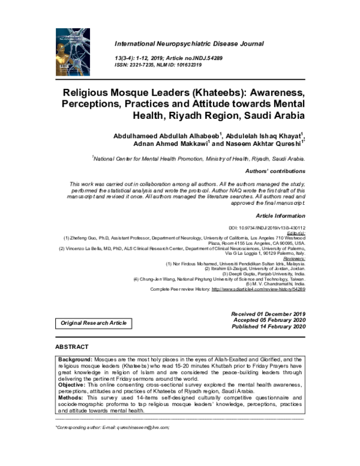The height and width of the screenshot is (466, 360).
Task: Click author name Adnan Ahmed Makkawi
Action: point(169,145)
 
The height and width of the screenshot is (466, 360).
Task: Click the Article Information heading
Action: point(281,215)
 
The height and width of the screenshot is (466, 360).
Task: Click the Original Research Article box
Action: point(94,323)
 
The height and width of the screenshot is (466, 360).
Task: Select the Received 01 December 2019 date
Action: point(268,314)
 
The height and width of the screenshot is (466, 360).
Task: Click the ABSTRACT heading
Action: point(71,347)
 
